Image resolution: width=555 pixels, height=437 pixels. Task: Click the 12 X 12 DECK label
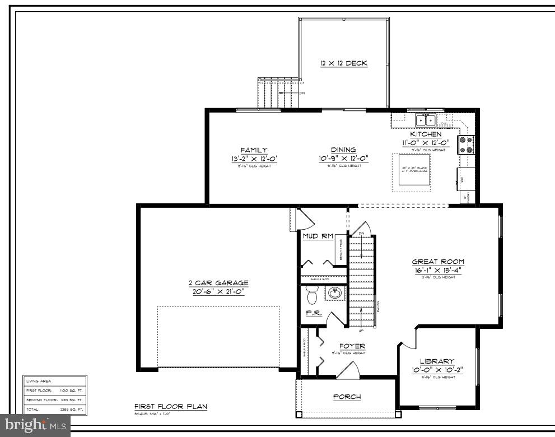[x=343, y=63]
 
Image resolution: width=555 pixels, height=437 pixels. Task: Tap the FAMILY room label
[x=254, y=150]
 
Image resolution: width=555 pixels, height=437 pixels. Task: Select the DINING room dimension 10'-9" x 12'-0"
[x=343, y=159]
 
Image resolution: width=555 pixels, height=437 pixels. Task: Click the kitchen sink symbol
[x=425, y=120]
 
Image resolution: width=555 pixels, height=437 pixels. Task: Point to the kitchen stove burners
[x=466, y=145]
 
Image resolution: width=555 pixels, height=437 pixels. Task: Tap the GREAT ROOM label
[x=438, y=262]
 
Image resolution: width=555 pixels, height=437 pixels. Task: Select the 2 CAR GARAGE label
[x=218, y=283]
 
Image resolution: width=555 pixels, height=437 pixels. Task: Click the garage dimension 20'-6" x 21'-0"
[x=218, y=292]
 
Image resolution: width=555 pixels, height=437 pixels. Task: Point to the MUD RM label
[x=318, y=236]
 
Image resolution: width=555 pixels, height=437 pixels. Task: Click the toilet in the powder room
[x=312, y=294]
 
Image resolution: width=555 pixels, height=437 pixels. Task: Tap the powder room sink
[x=334, y=293]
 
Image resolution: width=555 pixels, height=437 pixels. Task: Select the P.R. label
[x=314, y=314]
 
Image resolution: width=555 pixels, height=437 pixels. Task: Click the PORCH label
[x=347, y=397]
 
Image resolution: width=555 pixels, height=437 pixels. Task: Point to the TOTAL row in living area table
[x=55, y=410]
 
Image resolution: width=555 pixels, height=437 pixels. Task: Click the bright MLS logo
[x=34, y=426]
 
